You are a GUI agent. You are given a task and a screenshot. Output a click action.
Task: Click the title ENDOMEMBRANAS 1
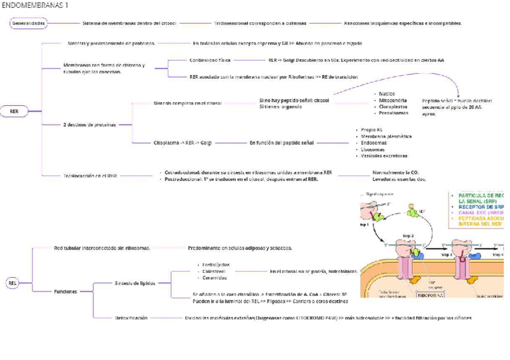pos(35,5)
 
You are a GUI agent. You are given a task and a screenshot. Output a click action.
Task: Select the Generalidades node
pos(29,23)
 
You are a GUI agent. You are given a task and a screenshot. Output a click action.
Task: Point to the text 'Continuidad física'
pos(210,60)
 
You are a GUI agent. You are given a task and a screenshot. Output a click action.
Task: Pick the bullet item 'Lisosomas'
pos(373,149)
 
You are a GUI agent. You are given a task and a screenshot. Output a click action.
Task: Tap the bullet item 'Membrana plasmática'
pos(386,136)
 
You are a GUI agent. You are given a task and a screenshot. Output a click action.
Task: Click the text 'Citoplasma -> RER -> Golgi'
pos(182,143)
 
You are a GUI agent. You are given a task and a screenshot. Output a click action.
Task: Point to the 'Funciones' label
pos(66,291)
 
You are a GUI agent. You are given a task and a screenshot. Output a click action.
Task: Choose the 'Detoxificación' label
pos(131,317)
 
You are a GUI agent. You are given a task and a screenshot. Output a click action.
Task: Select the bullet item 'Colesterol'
pos(214,271)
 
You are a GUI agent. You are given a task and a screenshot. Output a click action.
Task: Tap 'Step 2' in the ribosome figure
pos(408,236)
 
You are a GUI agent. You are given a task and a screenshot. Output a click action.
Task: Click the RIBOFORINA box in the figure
pos(431,294)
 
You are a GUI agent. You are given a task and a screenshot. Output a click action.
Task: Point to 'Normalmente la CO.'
pos(396,172)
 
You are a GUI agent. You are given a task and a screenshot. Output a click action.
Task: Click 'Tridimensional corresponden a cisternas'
pos(260,23)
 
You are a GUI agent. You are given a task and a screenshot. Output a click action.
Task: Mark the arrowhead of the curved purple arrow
pos(458,96)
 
